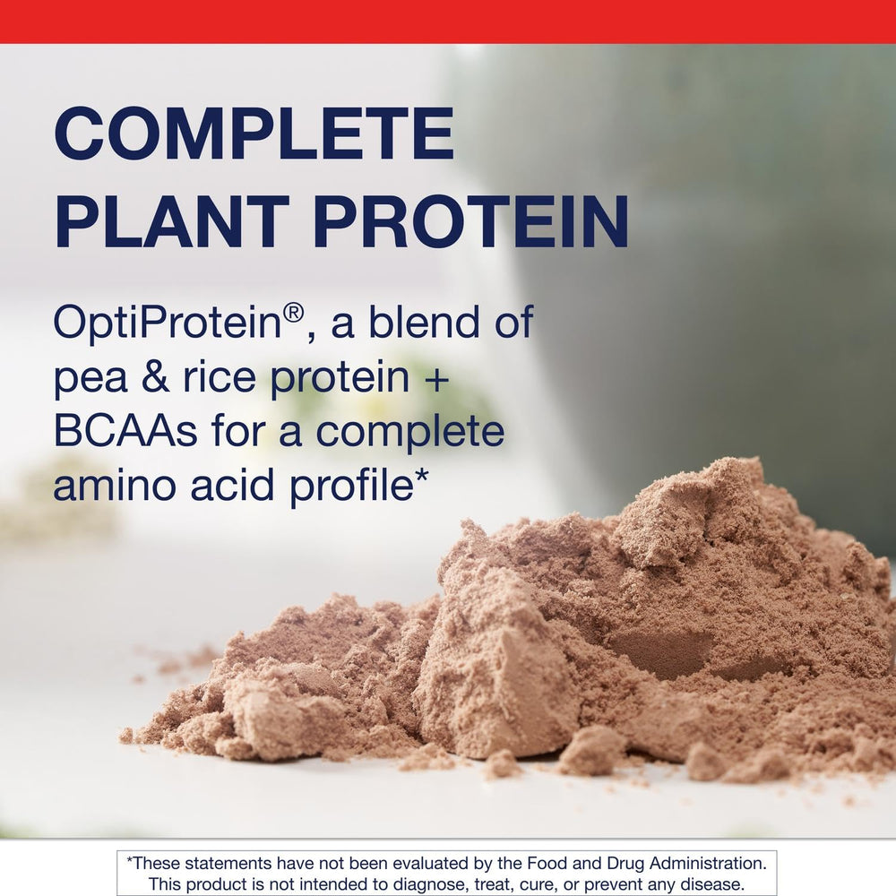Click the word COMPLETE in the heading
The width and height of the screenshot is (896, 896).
[254, 134]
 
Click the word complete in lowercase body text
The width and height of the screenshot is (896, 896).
[410, 433]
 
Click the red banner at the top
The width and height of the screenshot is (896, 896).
[448, 21]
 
